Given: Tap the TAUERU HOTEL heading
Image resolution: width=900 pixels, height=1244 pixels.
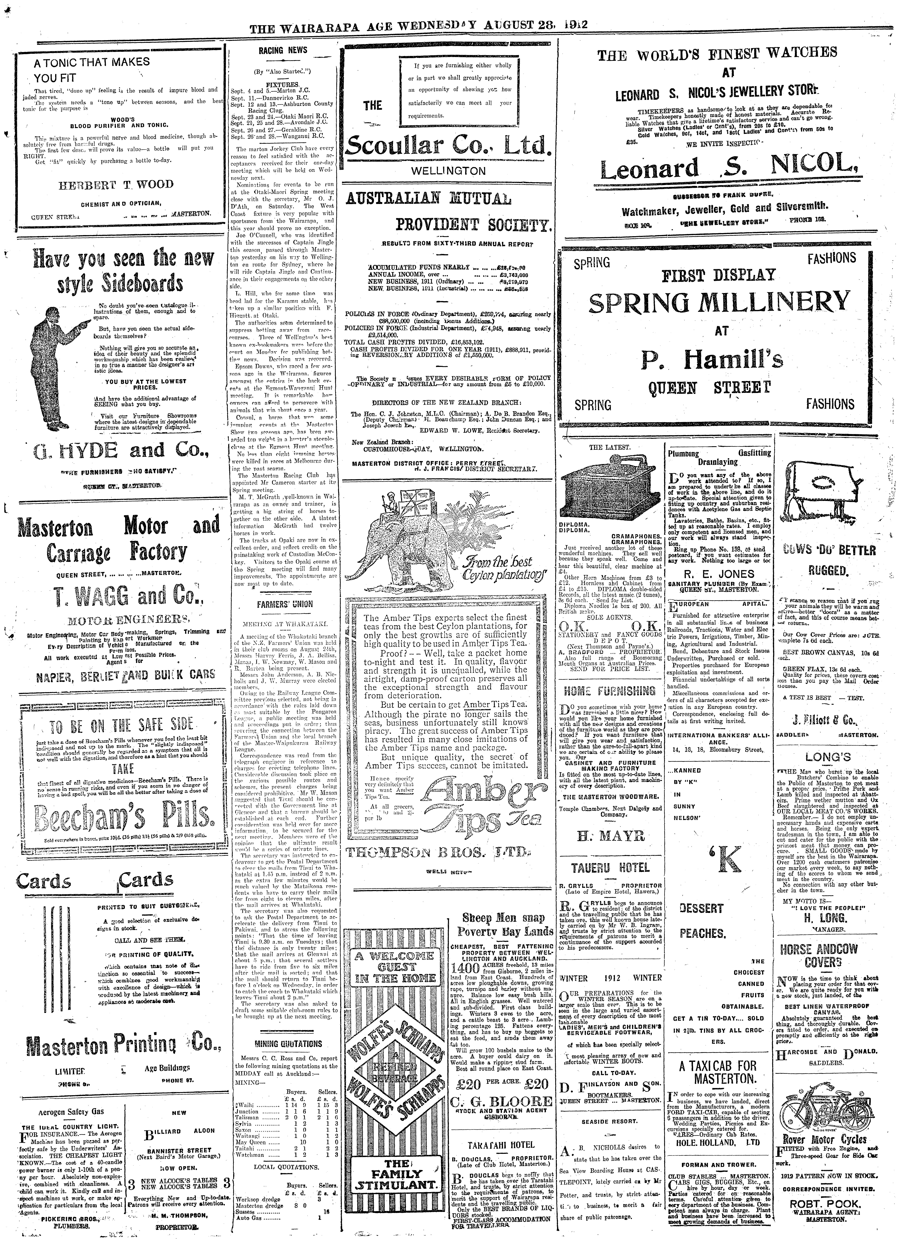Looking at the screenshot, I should click(x=610, y=868).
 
